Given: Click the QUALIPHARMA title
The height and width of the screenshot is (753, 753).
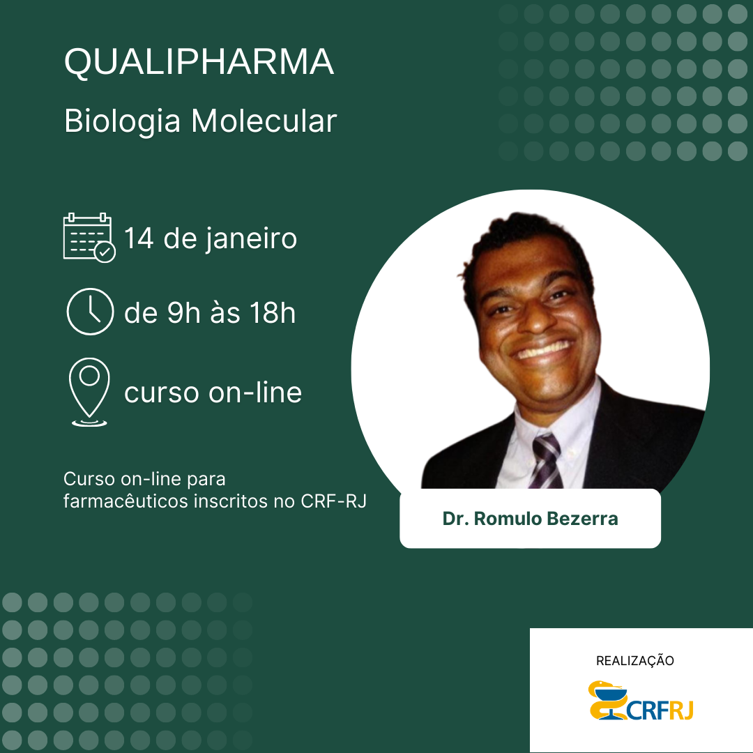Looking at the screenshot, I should pyautogui.click(x=199, y=63).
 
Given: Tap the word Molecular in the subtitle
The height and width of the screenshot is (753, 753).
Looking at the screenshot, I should pyautogui.click(x=264, y=121).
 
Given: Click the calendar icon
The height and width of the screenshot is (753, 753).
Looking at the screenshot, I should pyautogui.click(x=89, y=237).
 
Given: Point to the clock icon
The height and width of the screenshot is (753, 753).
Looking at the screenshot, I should pyautogui.click(x=90, y=312).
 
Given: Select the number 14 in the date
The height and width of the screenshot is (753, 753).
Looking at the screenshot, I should pyautogui.click(x=139, y=238).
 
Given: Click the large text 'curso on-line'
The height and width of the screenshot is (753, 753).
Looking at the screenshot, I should pyautogui.click(x=213, y=393).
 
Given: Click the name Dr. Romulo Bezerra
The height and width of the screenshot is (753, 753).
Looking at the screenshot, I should pyautogui.click(x=530, y=519).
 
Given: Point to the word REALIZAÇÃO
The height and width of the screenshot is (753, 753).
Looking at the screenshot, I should pyautogui.click(x=635, y=660).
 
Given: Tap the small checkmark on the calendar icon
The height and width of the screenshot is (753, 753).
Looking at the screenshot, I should pyautogui.click(x=105, y=252).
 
